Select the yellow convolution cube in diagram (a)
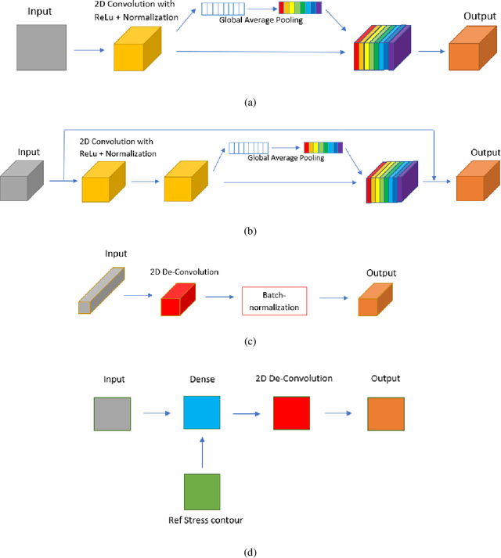(x=135, y=56)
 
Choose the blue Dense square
(x=203, y=412)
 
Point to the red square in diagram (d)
(x=291, y=412)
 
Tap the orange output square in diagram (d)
(x=384, y=412)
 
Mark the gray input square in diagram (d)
(x=112, y=412)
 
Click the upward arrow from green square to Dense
(x=203, y=452)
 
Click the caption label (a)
(x=250, y=103)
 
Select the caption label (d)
(x=250, y=552)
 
